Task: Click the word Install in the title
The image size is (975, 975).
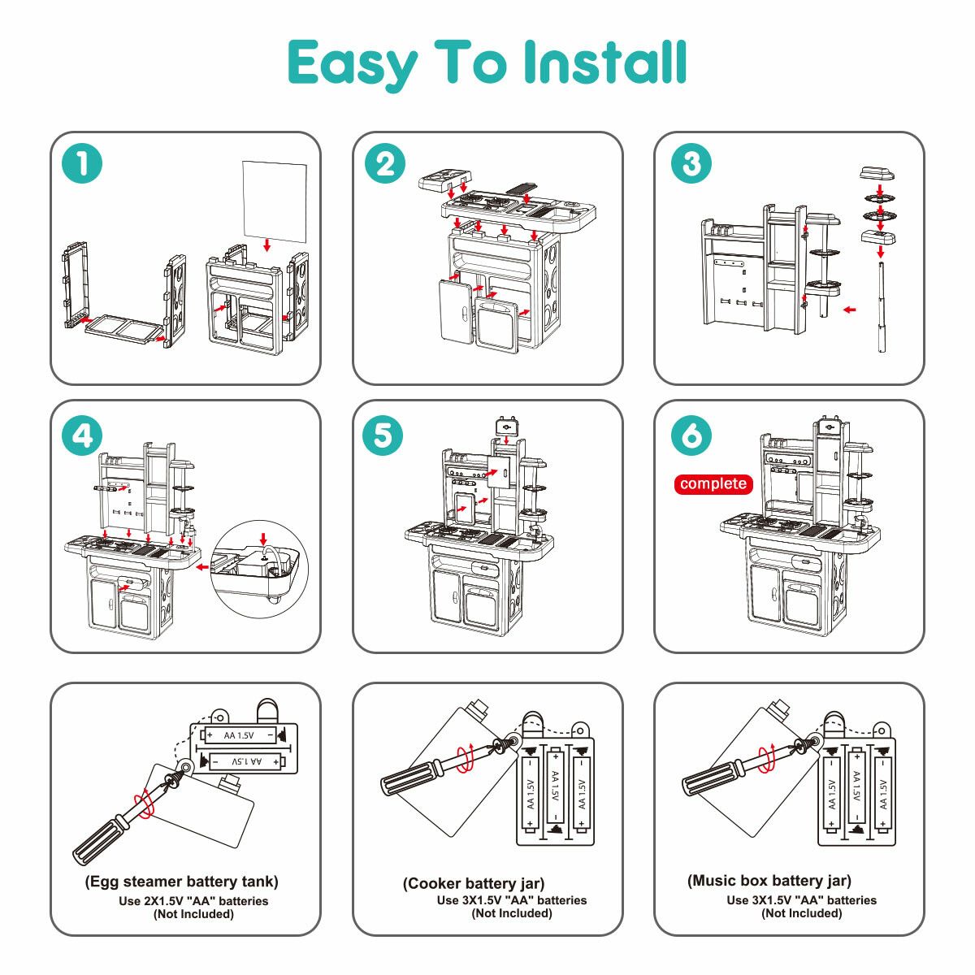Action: click(x=604, y=63)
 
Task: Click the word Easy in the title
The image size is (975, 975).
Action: click(x=351, y=64)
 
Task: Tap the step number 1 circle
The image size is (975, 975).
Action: click(x=82, y=163)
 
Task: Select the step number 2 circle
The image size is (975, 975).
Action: click(x=385, y=163)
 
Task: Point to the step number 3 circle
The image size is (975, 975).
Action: click(x=691, y=163)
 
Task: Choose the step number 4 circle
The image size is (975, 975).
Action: click(x=82, y=436)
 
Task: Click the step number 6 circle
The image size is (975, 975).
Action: click(x=691, y=436)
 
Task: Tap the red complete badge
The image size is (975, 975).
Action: click(x=713, y=484)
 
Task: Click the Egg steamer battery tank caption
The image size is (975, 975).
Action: click(x=182, y=882)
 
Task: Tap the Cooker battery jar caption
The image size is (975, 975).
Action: click(x=474, y=883)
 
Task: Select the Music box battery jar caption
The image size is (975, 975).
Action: click(x=769, y=881)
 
